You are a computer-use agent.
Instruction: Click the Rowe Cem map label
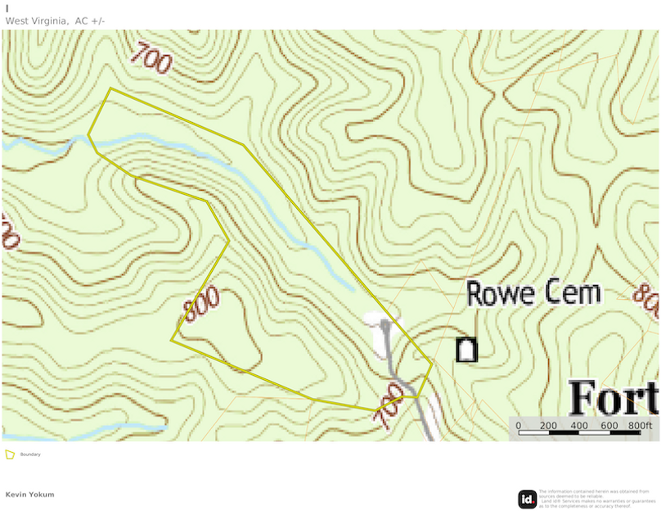pos(534,293)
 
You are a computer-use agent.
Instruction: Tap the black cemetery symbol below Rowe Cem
pos(466,350)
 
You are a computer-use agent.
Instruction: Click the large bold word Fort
pos(614,398)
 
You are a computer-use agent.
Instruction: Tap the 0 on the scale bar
pos(518,425)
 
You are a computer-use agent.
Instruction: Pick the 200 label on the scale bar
pos(548,425)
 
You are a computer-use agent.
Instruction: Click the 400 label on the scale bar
pos(578,425)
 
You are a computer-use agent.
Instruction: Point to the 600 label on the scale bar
pos(609,425)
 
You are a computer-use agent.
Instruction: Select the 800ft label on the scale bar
pos(640,425)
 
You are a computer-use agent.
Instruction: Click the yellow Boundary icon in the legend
pos(10,454)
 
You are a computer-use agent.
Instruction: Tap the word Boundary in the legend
pos(30,454)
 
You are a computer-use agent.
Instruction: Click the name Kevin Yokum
pos(29,495)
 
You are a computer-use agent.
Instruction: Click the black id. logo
pos(528,498)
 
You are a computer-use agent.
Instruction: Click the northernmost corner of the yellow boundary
pos(110,88)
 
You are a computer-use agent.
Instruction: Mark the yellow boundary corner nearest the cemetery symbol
pos(431,364)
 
